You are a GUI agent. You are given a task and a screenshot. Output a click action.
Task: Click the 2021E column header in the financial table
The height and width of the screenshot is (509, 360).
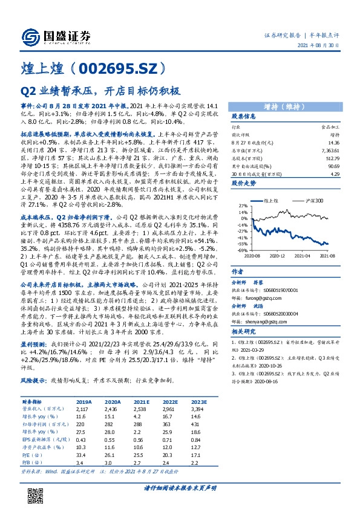141,401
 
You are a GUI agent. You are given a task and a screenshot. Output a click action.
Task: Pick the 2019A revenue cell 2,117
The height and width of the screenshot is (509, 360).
83,409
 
